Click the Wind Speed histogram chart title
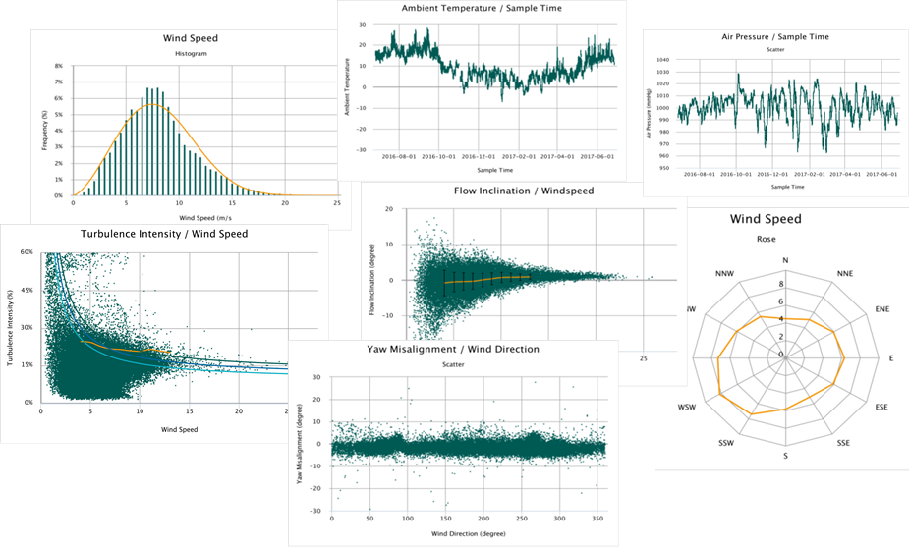click(190, 39)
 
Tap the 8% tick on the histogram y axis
click(58, 67)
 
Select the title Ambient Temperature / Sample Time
click(482, 9)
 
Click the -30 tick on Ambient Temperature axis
click(361, 151)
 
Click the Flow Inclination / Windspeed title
click(523, 190)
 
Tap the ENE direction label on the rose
click(881, 309)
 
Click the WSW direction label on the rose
click(689, 407)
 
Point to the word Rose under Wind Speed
click(782, 238)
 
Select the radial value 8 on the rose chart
click(780, 283)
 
